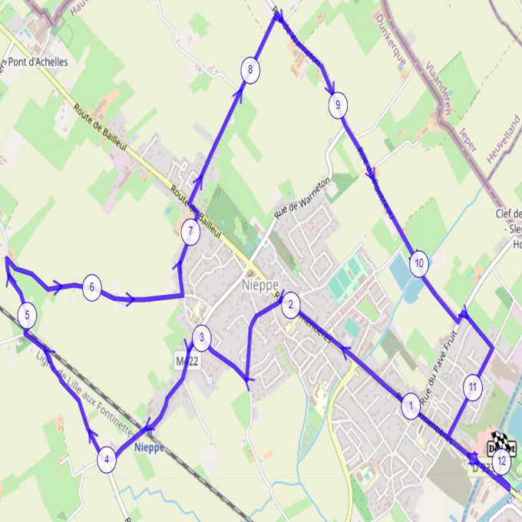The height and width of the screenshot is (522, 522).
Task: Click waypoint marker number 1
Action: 411,406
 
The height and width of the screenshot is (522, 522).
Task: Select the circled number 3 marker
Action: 201,337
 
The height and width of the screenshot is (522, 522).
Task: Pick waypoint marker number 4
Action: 107,460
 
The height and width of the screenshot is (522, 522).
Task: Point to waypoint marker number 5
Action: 27,315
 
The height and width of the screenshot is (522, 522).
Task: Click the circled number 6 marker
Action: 91,288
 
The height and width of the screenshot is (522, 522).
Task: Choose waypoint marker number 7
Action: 190,232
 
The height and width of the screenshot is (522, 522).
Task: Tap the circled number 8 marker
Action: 250,71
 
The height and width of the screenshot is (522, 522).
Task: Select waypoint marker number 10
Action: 418,264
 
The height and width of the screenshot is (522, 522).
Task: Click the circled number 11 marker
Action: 473,387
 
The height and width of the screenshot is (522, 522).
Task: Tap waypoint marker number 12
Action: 502,461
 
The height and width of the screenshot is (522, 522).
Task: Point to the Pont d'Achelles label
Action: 37,62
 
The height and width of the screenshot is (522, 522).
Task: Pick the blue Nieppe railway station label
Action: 148,448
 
